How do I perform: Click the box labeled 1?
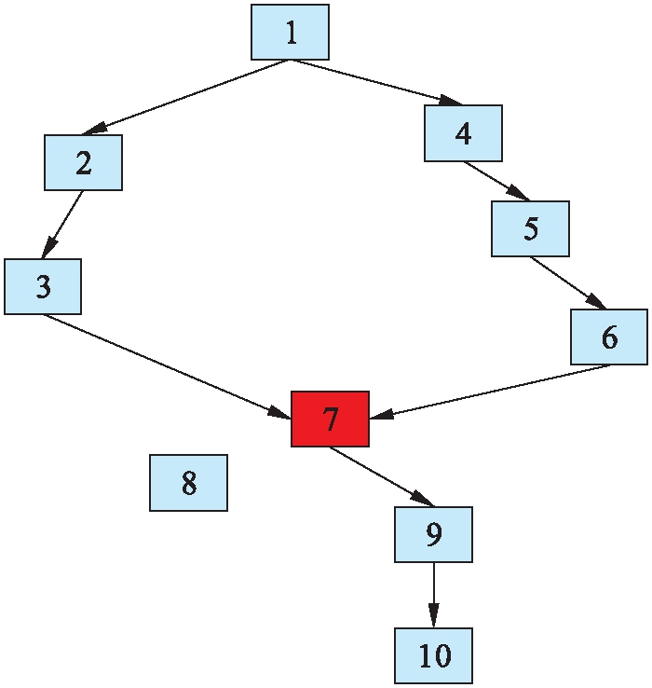pyautogui.click(x=290, y=33)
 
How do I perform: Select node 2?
pyautogui.click(x=83, y=163)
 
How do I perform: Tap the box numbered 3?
pyautogui.click(x=42, y=286)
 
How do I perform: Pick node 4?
pyautogui.click(x=463, y=133)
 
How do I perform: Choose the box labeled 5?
pyautogui.click(x=530, y=228)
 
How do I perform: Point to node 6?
pyautogui.click(x=609, y=337)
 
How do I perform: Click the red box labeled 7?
pyautogui.click(x=330, y=419)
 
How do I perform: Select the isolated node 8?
pyautogui.click(x=188, y=483)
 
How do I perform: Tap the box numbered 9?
pyautogui.click(x=433, y=534)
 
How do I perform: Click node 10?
pyautogui.click(x=433, y=655)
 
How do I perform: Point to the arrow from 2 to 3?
pyautogui.click(x=63, y=225)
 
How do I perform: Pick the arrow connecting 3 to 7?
pyautogui.click(x=168, y=365)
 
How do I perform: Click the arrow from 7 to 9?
pyautogui.click(x=381, y=476)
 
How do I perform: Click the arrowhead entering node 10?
pyautogui.click(x=433, y=618)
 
